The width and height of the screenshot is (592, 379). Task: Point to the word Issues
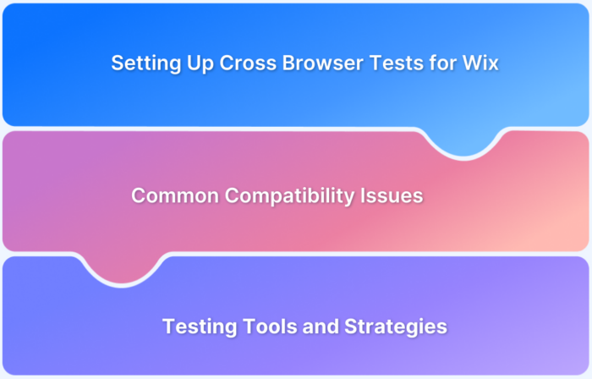(394, 196)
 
